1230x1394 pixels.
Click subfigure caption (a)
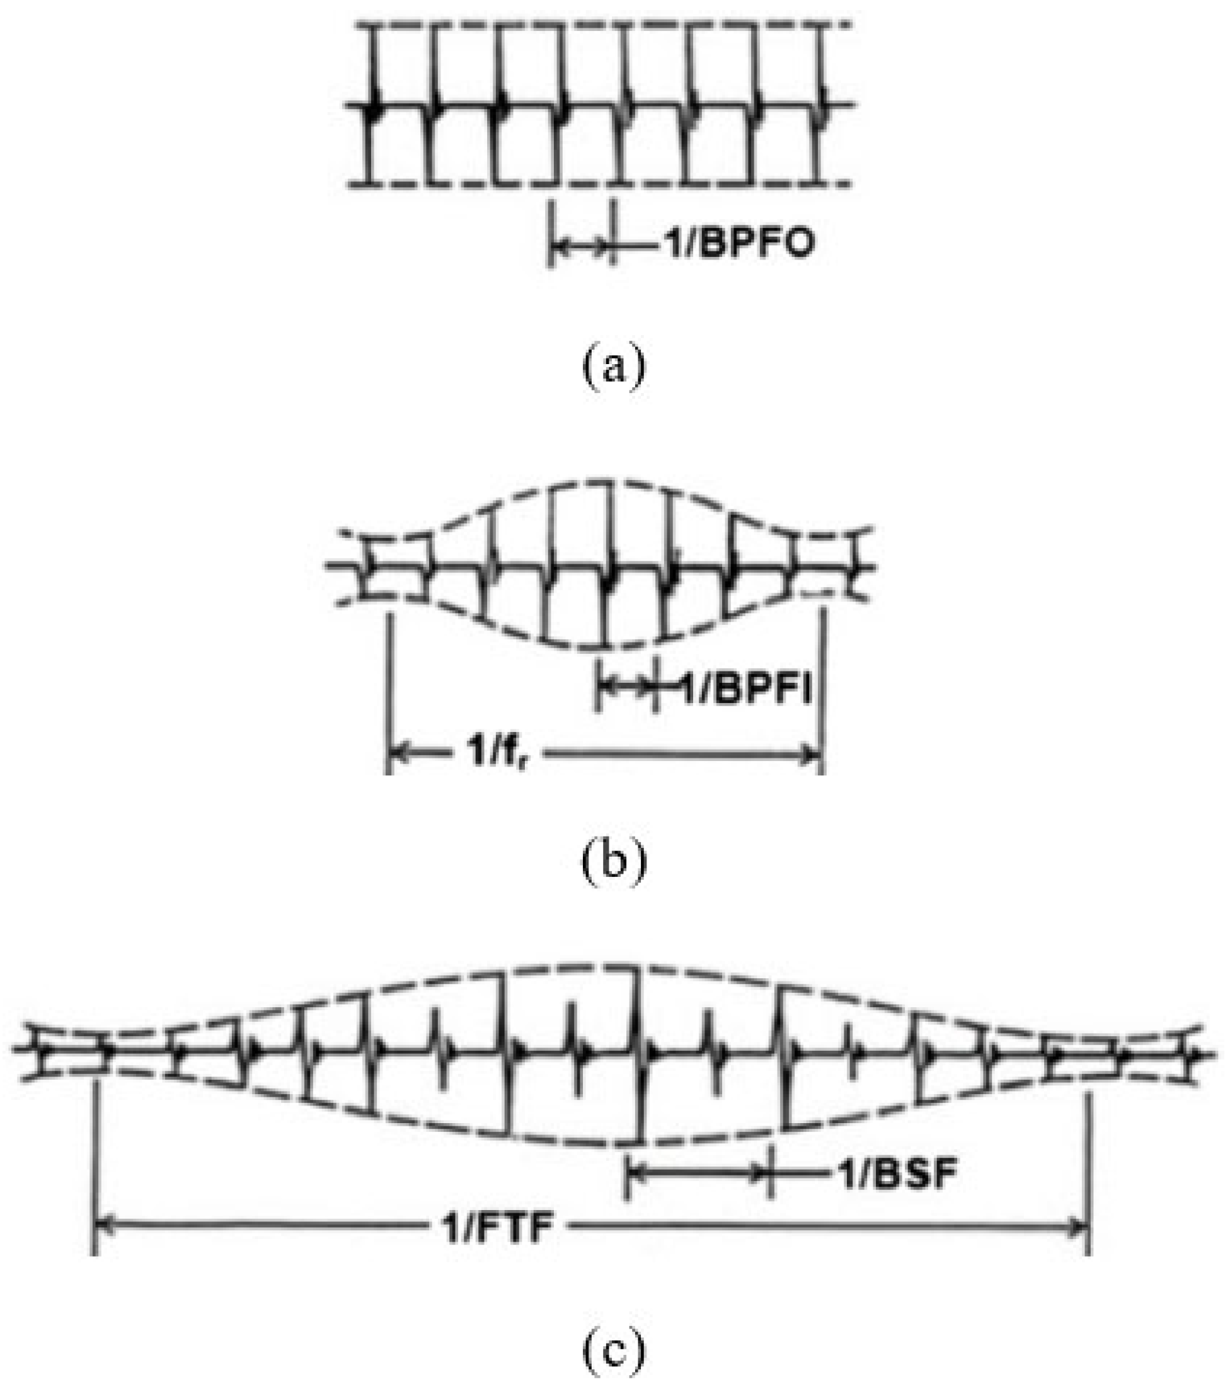pos(612,368)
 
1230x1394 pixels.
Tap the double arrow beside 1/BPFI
pos(626,687)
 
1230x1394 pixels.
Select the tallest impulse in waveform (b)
pos(607,563)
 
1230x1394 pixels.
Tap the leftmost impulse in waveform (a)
pos(372,106)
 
